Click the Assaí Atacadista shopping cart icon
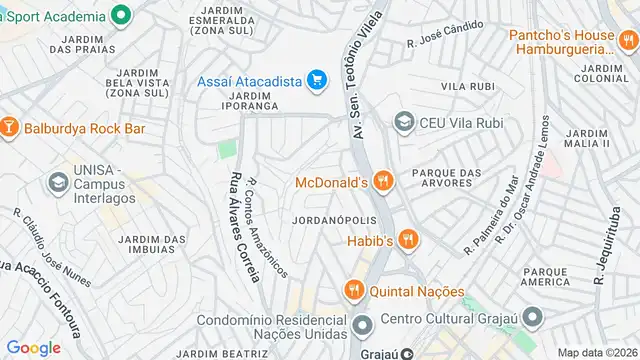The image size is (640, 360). [317, 80]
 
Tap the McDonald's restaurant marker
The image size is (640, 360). [384, 182]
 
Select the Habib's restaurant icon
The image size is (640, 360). [407, 240]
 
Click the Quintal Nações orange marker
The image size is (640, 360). [352, 291]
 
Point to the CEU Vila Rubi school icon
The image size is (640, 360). [404, 122]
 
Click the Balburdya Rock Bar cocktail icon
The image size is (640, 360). [9, 128]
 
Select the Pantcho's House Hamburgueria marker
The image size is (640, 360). [626, 41]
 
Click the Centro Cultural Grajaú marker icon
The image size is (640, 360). [534, 320]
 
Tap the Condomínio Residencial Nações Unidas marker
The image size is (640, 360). [362, 324]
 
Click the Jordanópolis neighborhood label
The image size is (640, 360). [334, 219]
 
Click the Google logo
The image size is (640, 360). [33, 347]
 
